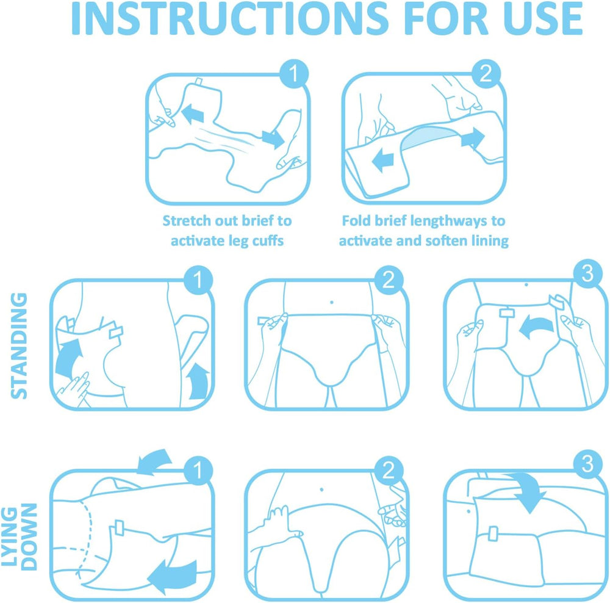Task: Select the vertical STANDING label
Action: [20, 345]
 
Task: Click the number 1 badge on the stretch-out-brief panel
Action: [293, 74]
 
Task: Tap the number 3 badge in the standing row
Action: [587, 276]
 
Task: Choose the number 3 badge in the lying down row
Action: [587, 465]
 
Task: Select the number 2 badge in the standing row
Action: [388, 281]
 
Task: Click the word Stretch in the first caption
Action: [188, 220]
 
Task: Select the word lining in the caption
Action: [486, 240]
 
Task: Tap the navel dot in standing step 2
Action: [331, 301]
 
